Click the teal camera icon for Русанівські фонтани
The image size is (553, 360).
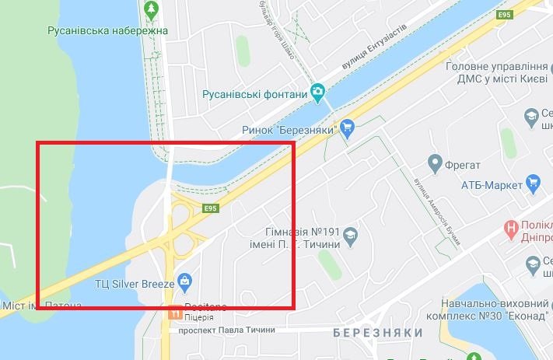pyautogui.click(x=318, y=93)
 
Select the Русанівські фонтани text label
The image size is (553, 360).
pyautogui.click(x=255, y=94)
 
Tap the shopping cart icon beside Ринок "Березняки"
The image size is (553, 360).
pyautogui.click(x=348, y=127)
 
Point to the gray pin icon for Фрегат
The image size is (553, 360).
pyautogui.click(x=436, y=163)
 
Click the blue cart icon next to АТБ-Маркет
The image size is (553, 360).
pyautogui.click(x=534, y=183)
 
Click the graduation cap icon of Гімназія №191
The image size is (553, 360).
pyautogui.click(x=351, y=235)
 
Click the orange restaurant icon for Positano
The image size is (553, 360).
pyautogui.click(x=174, y=314)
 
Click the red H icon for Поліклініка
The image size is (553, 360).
pyautogui.click(x=511, y=229)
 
